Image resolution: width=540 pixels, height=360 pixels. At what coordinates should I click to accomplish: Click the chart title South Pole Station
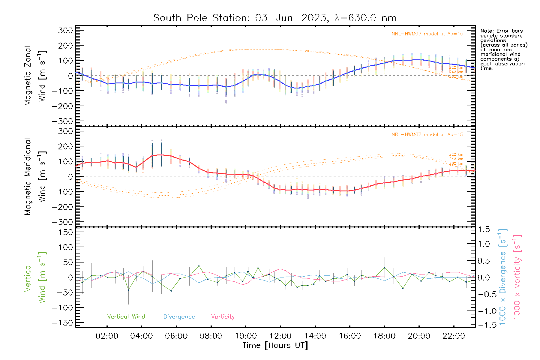(275, 18)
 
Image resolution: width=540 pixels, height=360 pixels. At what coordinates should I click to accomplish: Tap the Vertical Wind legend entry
(126, 316)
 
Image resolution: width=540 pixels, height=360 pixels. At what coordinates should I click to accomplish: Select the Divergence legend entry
(179, 316)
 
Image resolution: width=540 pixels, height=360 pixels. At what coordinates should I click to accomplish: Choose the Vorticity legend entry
(223, 316)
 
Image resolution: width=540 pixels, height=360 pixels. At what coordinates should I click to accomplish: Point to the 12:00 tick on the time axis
(280, 336)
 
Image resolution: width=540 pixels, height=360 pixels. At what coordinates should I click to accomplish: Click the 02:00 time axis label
(107, 336)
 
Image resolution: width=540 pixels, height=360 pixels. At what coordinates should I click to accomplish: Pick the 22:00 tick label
(454, 336)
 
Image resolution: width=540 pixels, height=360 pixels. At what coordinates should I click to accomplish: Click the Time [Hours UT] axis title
(275, 345)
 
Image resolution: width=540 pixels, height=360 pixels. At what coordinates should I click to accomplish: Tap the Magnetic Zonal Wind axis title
(35, 76)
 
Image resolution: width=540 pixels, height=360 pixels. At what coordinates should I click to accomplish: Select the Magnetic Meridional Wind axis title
(35, 176)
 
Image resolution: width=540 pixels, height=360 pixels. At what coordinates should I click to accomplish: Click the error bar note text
(503, 49)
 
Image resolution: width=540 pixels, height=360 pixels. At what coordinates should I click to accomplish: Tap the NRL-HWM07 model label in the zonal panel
(427, 34)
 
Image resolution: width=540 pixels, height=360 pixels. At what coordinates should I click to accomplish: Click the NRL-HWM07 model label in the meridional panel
(427, 135)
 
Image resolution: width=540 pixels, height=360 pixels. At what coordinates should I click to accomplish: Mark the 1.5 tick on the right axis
(484, 229)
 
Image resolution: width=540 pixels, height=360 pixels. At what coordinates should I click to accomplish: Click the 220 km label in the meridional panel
(456, 154)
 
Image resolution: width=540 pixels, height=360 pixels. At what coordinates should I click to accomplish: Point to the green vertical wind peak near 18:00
(385, 268)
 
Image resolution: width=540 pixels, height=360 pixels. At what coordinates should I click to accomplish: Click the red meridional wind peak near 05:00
(161, 155)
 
